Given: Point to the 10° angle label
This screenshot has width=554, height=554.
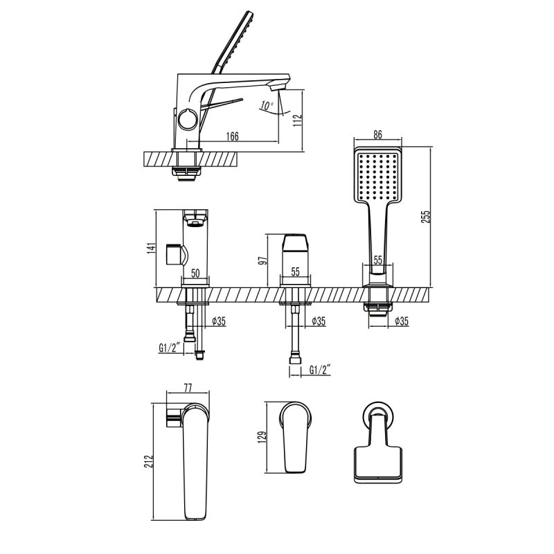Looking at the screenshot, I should tap(266, 106).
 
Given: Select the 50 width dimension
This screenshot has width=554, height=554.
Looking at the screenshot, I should tap(195, 274).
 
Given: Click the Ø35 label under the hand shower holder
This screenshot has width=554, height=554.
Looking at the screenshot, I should tap(400, 321).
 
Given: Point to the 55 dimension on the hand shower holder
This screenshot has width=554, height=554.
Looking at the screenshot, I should tap(378, 260).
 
